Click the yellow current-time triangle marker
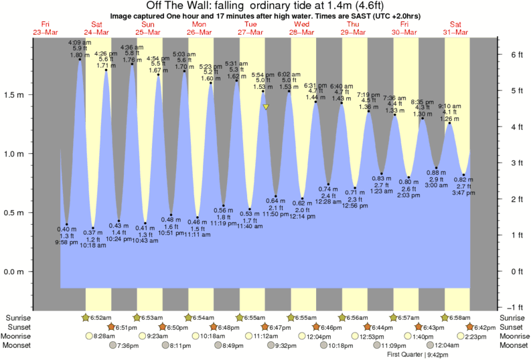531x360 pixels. click(x=266, y=106)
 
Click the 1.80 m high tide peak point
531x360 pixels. click(x=80, y=60)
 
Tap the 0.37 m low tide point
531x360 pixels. click(x=92, y=228)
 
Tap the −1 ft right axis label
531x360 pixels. click(x=514, y=307)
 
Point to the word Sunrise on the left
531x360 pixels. click(x=17, y=317)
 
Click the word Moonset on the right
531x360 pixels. click(x=512, y=345)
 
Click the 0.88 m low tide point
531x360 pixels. click(x=436, y=168)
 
